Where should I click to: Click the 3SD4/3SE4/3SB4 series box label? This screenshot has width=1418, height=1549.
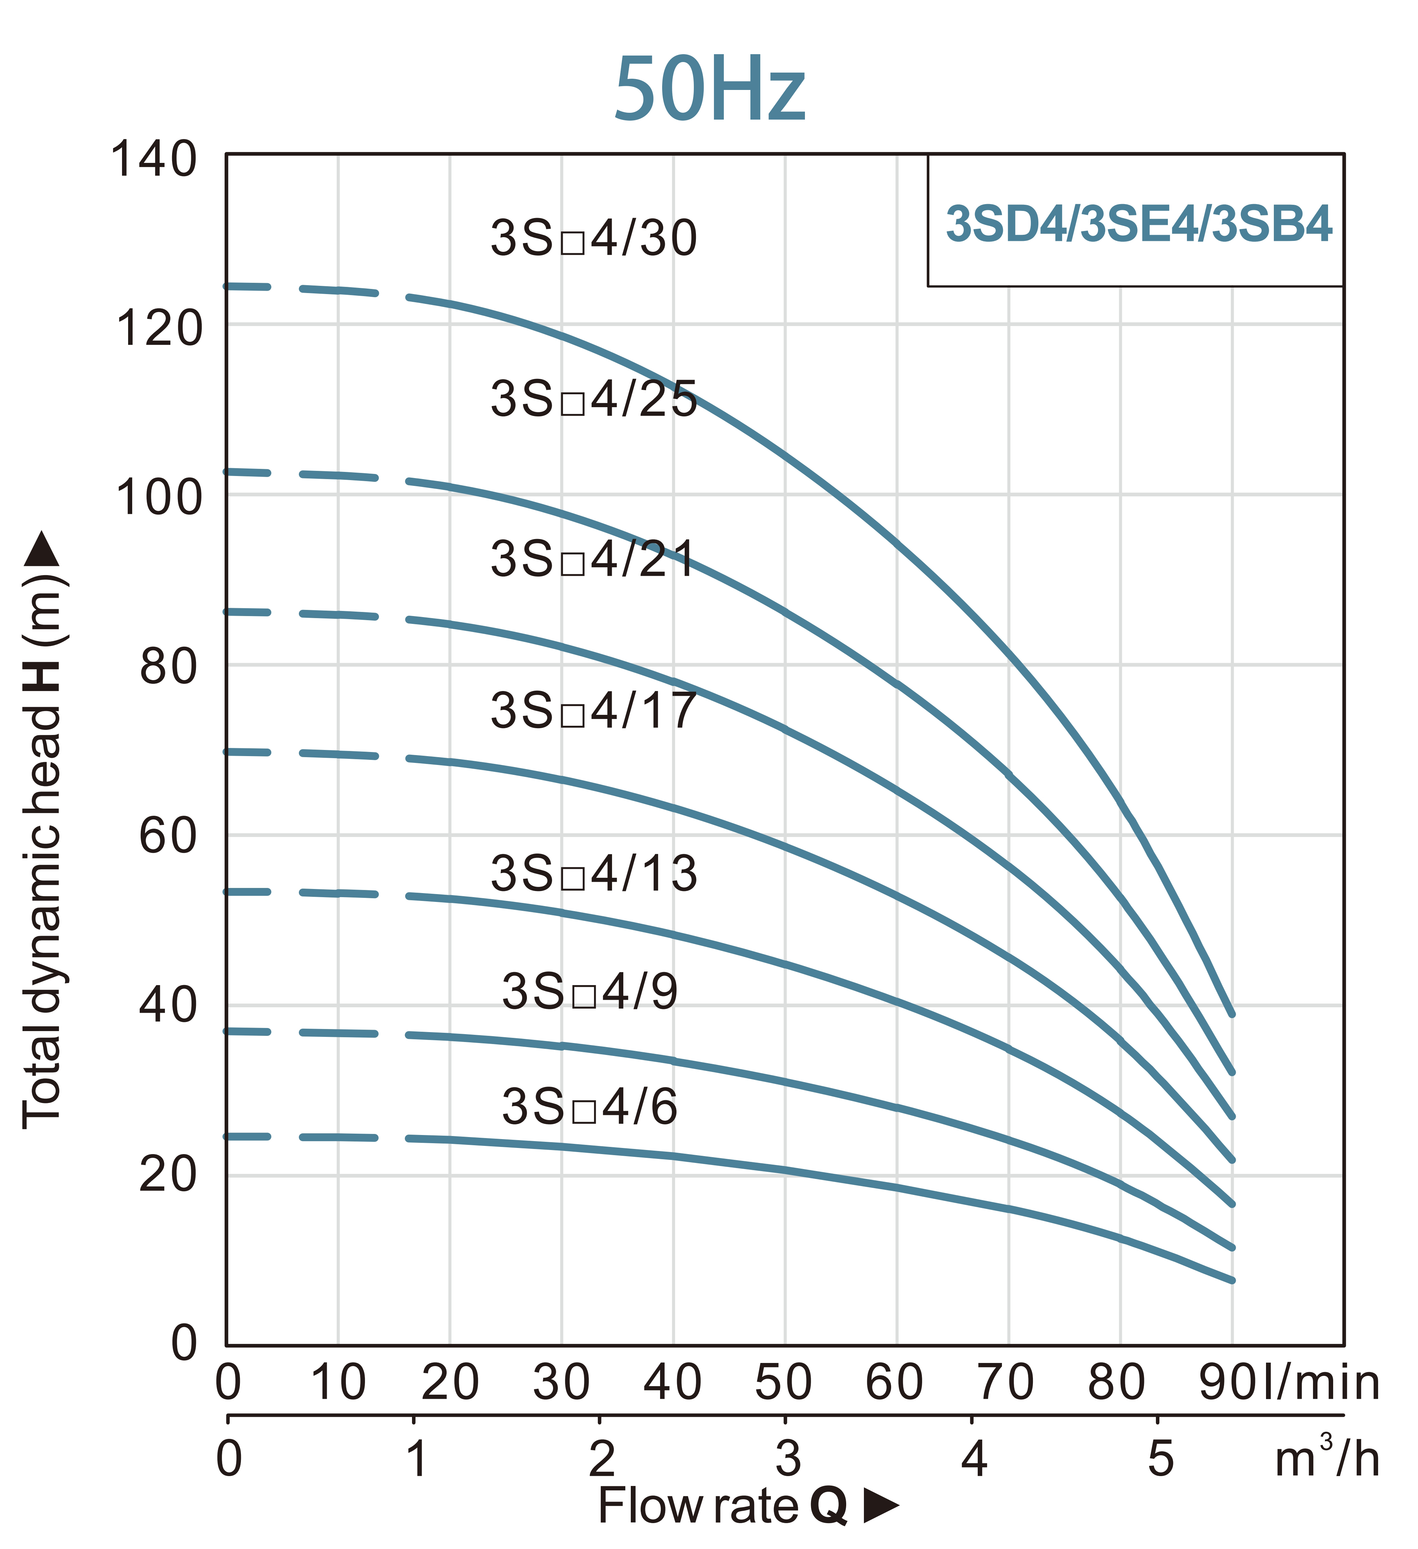(1138, 224)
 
